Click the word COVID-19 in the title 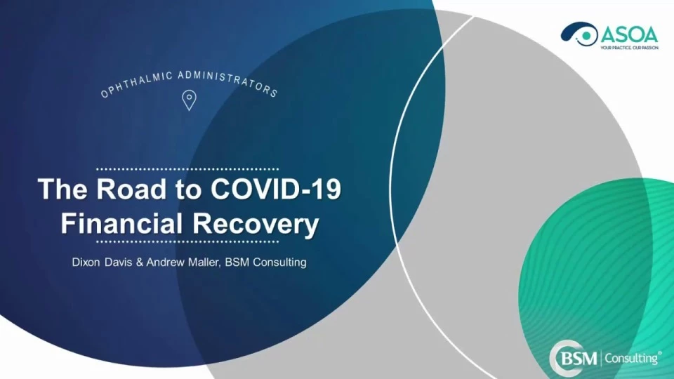tap(276, 189)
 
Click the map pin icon tap(189, 100)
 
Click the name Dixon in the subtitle tap(86, 262)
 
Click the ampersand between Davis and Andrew tap(139, 262)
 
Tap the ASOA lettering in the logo tap(629, 35)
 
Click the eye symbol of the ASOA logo tap(579, 34)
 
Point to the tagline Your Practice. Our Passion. tap(629, 48)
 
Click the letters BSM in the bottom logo tap(579, 359)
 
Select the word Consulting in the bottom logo tap(632, 359)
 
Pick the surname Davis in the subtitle tap(118, 262)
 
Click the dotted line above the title tap(187, 169)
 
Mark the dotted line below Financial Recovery tap(187, 241)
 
